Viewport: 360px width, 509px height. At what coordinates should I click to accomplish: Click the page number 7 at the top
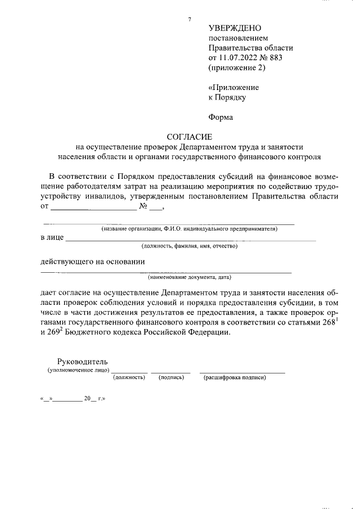tap(190, 20)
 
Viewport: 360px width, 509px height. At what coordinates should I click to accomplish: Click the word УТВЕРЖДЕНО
tap(235, 28)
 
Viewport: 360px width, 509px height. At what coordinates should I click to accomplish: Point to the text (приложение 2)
tap(236, 68)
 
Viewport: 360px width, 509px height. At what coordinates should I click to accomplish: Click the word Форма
tap(220, 117)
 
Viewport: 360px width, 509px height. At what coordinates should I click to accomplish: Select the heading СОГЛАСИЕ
tap(189, 137)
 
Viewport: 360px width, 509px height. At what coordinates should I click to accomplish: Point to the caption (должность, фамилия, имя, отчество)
tap(190, 246)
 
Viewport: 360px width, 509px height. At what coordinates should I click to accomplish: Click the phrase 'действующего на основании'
tap(93, 261)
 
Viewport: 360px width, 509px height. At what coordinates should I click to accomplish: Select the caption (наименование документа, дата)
tap(190, 277)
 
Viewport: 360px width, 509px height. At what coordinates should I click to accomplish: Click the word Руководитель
tap(82, 362)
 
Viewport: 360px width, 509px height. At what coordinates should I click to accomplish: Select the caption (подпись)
tap(172, 377)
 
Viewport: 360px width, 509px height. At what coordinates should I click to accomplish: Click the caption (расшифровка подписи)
tap(235, 377)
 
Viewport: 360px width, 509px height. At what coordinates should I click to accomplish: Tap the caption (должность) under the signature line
tap(129, 377)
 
